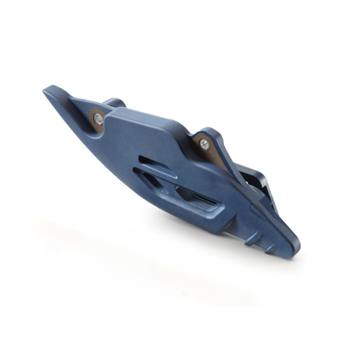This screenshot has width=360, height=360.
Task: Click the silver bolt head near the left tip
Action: [98, 119]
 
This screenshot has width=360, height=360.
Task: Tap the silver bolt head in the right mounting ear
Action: [205, 144]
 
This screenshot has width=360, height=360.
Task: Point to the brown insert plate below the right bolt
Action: [218, 158]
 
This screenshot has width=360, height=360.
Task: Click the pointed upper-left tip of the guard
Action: [47, 91]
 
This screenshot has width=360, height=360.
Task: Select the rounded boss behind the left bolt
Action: [114, 103]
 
